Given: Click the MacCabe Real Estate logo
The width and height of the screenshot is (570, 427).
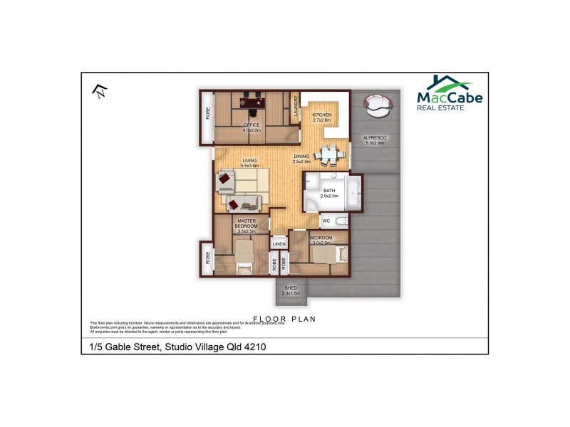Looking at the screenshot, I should click(x=449, y=93).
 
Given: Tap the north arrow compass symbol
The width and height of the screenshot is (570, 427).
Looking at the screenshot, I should click(x=100, y=90).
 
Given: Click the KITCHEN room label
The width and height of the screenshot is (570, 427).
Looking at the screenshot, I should click(x=322, y=117).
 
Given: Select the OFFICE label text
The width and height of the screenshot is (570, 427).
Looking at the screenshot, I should click(x=252, y=127).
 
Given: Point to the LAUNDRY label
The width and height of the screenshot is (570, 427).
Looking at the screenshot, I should click(x=294, y=107).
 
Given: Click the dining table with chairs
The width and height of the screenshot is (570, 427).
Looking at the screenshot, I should click(x=328, y=152).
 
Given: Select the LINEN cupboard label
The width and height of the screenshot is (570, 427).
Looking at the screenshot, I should click(x=279, y=244).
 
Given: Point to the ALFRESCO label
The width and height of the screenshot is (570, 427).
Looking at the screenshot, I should click(x=375, y=139).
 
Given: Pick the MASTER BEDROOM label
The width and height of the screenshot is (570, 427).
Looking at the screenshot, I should click(x=247, y=225).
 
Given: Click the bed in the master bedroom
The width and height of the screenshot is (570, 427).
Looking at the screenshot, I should click(x=244, y=255).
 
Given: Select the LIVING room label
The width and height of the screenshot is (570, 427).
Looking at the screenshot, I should click(x=249, y=162).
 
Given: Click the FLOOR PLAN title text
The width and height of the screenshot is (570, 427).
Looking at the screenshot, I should click(x=284, y=319).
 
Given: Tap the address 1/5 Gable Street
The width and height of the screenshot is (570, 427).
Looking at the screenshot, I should click(x=177, y=347).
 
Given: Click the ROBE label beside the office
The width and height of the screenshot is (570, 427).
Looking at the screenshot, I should click(x=208, y=112).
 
